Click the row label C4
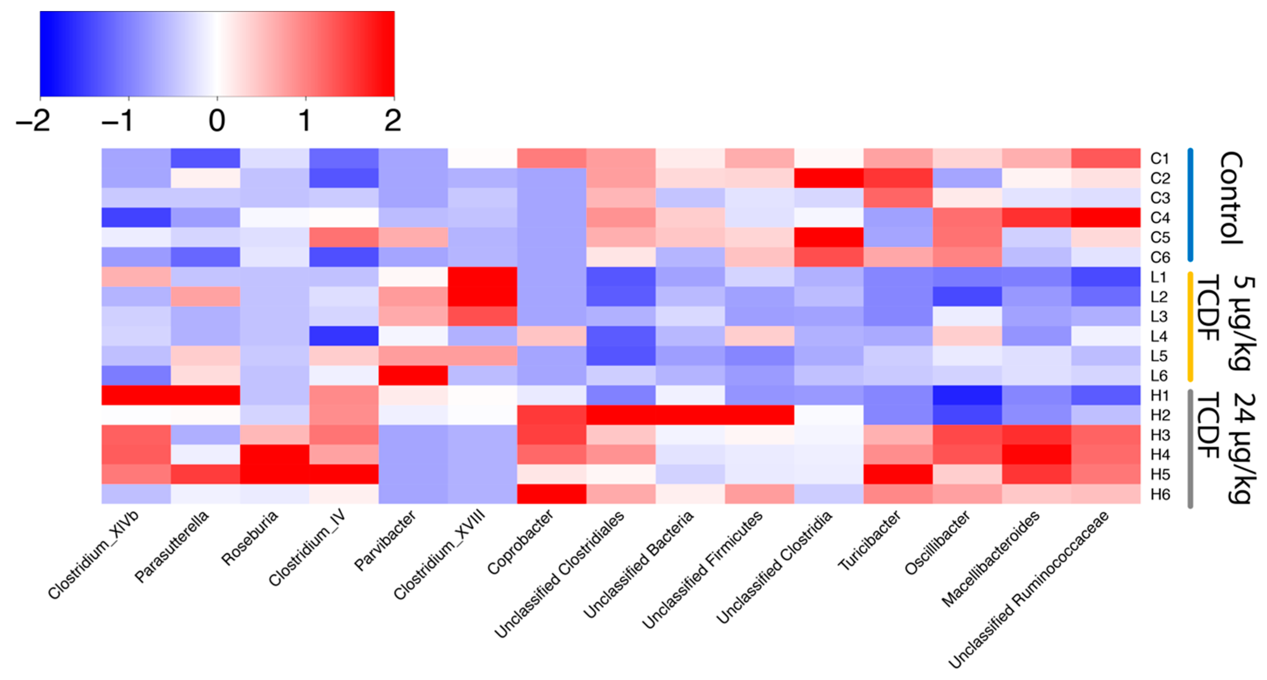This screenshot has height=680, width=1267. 1160,218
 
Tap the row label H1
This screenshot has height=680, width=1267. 1160,395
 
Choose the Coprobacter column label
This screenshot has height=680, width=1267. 520,542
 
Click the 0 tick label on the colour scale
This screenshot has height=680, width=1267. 217,120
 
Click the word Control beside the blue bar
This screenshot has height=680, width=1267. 1231,198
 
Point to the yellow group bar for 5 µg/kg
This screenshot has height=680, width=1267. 1190,327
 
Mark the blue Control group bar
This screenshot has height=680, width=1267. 1190,205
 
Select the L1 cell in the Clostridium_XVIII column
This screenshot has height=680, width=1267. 482,277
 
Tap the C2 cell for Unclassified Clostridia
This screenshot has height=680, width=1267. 829,178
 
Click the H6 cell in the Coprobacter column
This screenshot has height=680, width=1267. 551,494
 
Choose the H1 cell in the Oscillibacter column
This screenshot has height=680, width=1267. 967,395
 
